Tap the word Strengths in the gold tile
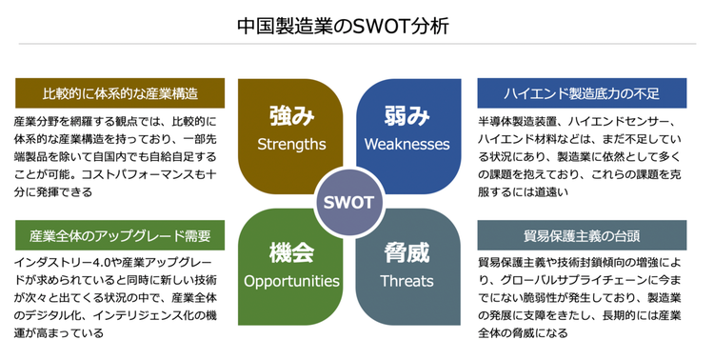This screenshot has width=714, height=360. click(x=291, y=145)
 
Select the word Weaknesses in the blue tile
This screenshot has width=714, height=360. click(x=407, y=145)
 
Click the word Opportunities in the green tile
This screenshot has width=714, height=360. click(x=291, y=281)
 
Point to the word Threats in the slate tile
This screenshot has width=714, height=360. click(x=407, y=281)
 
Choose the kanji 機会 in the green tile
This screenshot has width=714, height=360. click(x=291, y=253)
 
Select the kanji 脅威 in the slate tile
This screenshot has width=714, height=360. click(x=407, y=253)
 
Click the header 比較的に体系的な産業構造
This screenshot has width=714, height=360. click(x=120, y=93)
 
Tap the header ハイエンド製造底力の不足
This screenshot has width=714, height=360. click(x=581, y=93)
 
